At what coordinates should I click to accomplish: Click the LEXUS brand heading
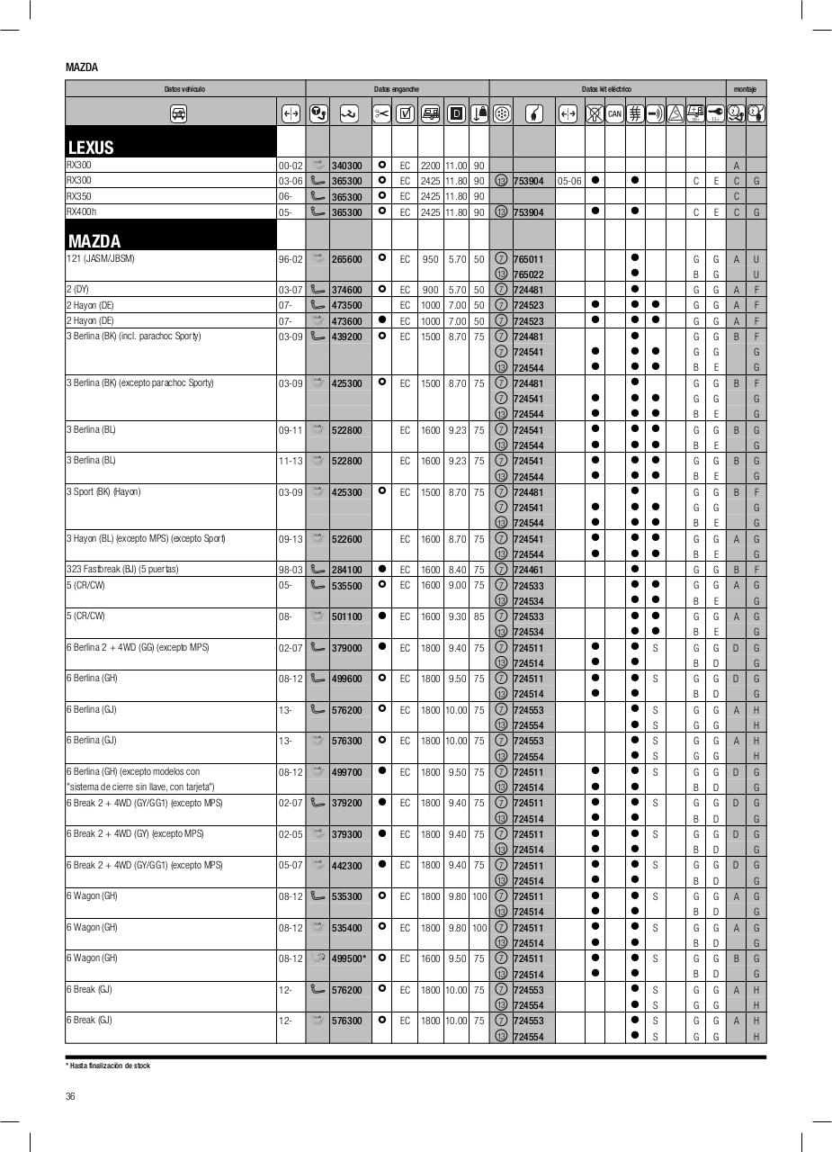[x=91, y=148]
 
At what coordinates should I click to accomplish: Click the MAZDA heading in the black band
[x=94, y=241]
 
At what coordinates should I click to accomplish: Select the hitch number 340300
[x=346, y=166]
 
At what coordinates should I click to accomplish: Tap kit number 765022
[x=528, y=274]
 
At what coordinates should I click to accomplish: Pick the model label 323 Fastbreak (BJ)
[x=122, y=569]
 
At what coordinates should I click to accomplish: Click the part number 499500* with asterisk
[x=348, y=958]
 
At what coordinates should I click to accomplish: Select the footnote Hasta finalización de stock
[x=108, y=1066]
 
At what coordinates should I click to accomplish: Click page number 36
[x=70, y=1095]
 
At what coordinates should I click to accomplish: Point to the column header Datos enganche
[x=397, y=89]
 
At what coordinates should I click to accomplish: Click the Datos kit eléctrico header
[x=606, y=89]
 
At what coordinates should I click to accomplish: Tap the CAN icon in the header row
[x=614, y=113]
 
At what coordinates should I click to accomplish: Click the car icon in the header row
[x=179, y=113]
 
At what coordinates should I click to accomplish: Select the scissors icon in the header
[x=381, y=113]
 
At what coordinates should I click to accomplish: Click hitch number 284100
[x=346, y=570]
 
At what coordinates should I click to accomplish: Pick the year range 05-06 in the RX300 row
[x=569, y=181]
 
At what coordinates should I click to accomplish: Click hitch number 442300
[x=346, y=866]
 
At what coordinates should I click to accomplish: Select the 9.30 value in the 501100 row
[x=457, y=616]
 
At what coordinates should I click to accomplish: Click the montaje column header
[x=745, y=89]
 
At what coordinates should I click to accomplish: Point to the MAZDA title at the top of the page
[x=82, y=67]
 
